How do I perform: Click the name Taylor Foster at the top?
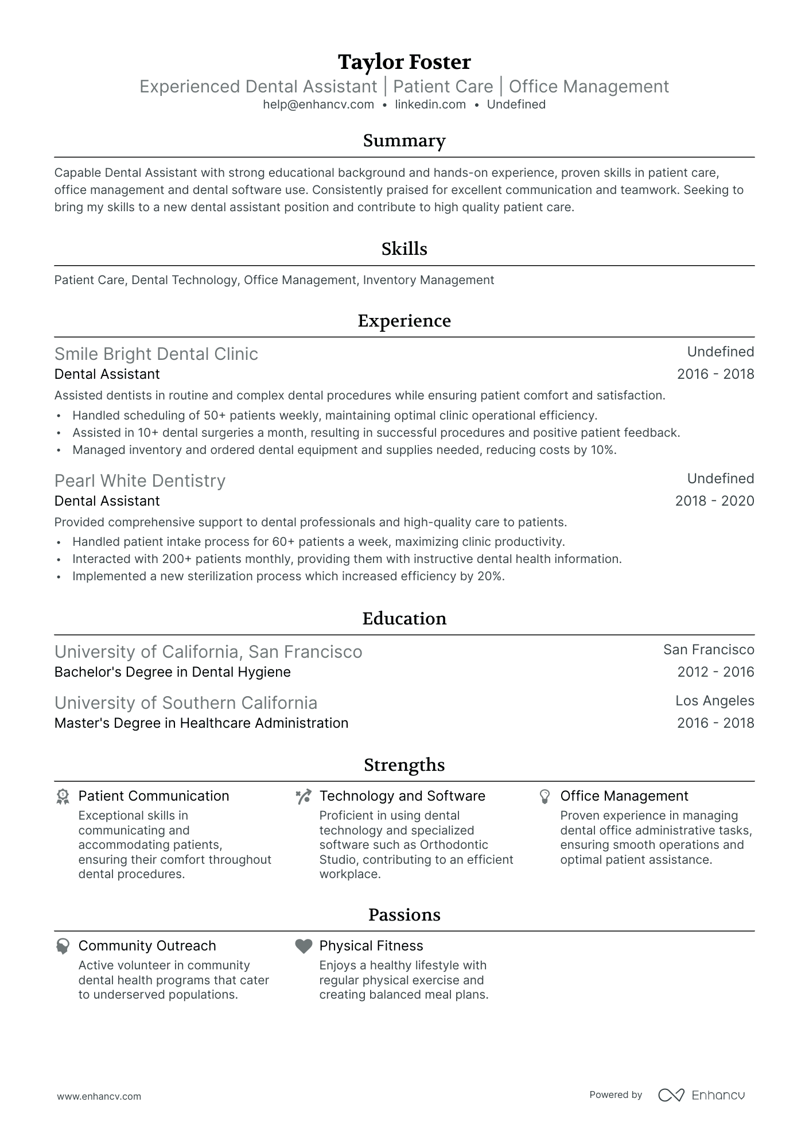click(x=404, y=62)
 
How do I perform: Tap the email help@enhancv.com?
click(x=318, y=104)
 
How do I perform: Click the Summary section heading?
click(x=404, y=141)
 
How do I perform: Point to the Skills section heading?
click(x=404, y=249)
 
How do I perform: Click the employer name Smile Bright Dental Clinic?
click(x=156, y=354)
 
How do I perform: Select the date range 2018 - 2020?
click(x=714, y=501)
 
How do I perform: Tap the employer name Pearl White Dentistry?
click(x=140, y=481)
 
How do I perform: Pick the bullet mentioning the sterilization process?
click(x=288, y=576)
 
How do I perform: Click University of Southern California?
click(x=186, y=703)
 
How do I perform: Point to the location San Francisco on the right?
click(x=709, y=650)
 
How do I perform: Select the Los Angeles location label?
click(x=714, y=701)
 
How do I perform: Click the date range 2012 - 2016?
click(x=715, y=672)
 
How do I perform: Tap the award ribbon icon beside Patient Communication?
click(x=63, y=797)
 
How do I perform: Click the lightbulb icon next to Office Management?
click(x=544, y=797)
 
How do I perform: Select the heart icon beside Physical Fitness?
click(x=304, y=946)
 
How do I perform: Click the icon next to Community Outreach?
click(x=63, y=946)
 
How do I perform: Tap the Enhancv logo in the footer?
click(x=701, y=1095)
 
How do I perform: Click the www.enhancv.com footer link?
click(x=99, y=1096)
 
